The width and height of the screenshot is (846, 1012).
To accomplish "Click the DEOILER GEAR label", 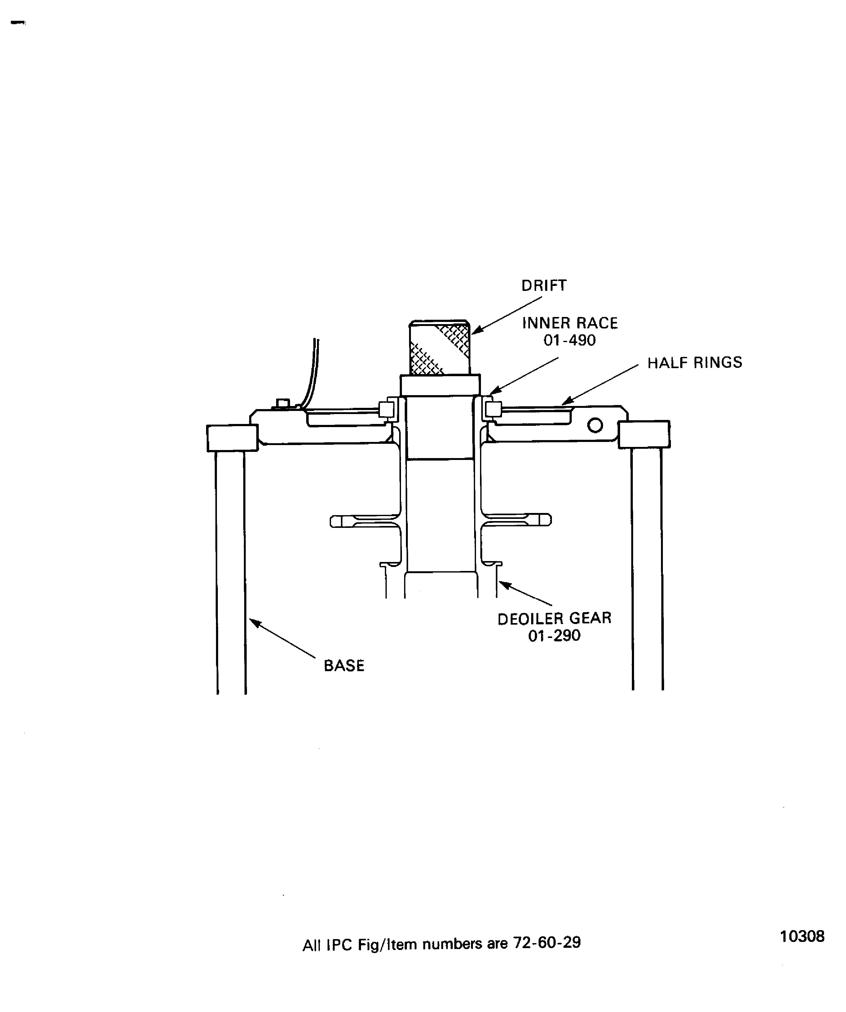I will click(554, 618).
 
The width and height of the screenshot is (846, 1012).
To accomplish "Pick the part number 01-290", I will click(554, 635).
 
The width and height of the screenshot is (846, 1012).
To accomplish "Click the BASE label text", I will click(344, 666).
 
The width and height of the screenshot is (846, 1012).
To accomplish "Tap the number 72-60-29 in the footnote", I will click(547, 956).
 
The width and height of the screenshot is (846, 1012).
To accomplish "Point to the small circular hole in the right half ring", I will click(595, 425).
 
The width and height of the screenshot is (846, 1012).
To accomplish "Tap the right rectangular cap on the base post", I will click(644, 434).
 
